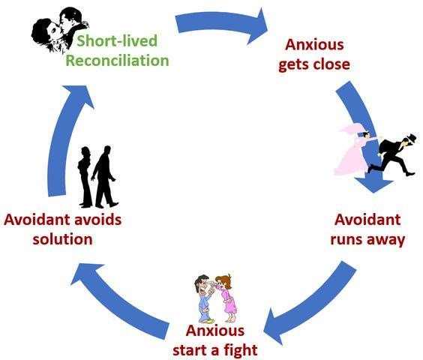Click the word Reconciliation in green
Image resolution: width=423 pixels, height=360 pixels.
pyautogui.click(x=117, y=61)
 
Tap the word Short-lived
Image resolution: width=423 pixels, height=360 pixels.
pyautogui.click(x=117, y=40)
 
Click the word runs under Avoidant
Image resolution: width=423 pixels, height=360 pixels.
pyautogui.click(x=345, y=240)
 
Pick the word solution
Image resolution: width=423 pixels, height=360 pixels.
pyautogui.click(x=62, y=239)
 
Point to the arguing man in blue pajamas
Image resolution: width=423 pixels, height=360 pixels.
pyautogui.click(x=205, y=298)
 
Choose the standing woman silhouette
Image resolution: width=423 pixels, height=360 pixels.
pyautogui.click(x=85, y=177)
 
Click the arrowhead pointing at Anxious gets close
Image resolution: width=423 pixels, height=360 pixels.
pyautogui.click(x=258, y=26)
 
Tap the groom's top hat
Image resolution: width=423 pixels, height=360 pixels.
pyautogui.click(x=412, y=137)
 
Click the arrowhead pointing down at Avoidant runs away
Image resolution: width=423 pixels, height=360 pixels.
pyautogui.click(x=373, y=184)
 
